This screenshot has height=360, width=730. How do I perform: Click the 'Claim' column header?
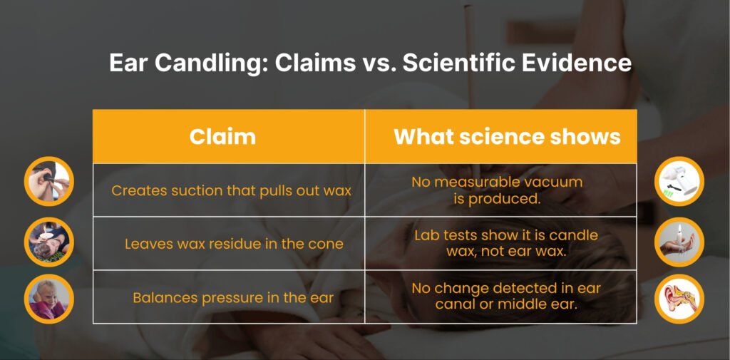(222, 136)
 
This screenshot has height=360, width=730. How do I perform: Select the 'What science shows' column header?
(507, 136)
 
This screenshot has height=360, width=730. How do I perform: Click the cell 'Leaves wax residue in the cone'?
(234, 244)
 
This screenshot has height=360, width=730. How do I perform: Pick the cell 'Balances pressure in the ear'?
(233, 297)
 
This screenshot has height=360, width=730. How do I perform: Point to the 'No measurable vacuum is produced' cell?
(497, 190)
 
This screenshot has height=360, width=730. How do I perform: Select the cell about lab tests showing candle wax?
(506, 243)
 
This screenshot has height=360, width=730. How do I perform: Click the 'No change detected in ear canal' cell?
(506, 297)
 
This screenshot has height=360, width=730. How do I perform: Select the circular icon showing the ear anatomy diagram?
(679, 298)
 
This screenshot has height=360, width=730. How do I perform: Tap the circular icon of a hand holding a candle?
(679, 242)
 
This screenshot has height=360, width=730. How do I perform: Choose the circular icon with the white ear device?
(679, 180)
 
